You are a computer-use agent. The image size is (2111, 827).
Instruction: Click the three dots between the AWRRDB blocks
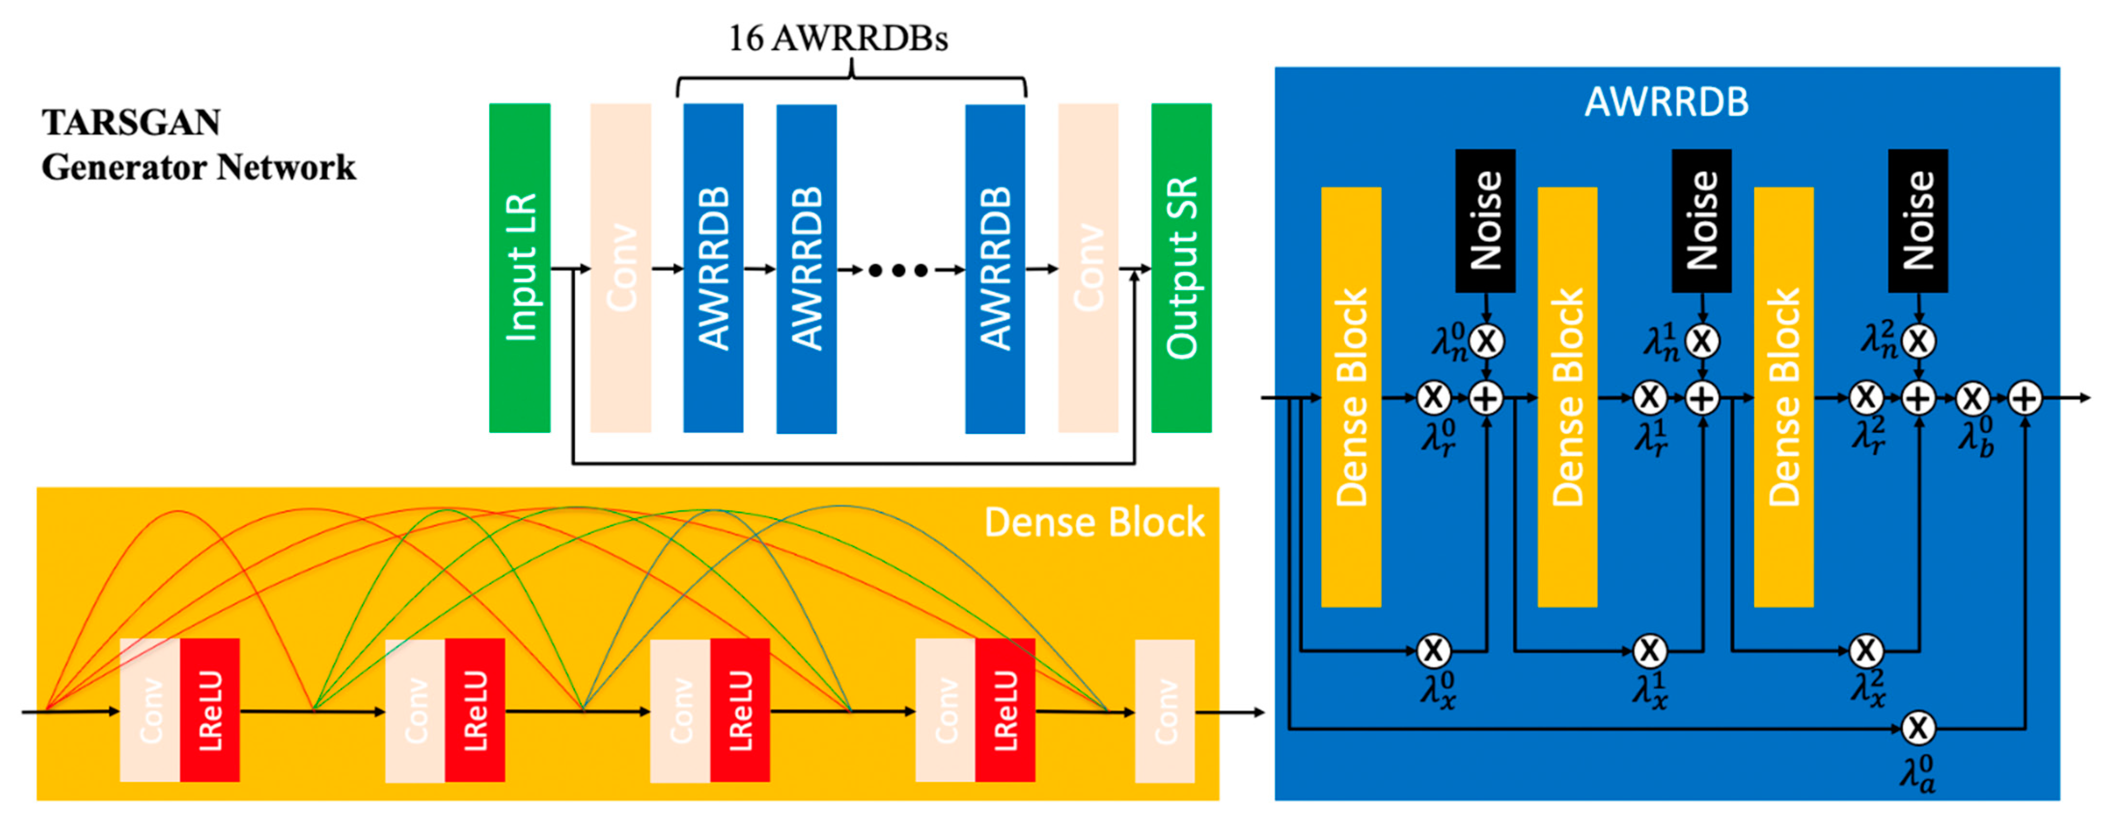[898, 270]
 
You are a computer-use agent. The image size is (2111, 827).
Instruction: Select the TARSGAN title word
[131, 123]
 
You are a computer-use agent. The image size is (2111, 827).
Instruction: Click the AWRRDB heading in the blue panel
[1666, 102]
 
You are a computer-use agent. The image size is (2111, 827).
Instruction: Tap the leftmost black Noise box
[1485, 221]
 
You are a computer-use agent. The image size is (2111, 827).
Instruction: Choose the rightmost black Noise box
[1918, 221]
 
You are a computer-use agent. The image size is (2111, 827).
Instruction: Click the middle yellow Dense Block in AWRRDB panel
[1567, 397]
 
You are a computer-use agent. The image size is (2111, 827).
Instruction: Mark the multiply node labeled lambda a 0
[1918, 728]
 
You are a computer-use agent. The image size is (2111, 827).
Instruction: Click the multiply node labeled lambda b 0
[1973, 399]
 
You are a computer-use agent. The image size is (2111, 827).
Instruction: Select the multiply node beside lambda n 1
[1702, 341]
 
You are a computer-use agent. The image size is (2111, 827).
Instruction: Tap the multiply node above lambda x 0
[1433, 651]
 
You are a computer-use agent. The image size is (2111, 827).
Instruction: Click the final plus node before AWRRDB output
[2025, 399]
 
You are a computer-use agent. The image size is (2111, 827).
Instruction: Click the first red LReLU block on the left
[210, 710]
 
